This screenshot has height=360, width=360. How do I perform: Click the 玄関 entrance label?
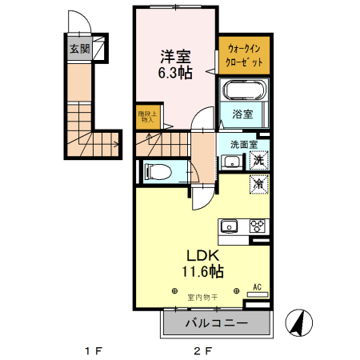tap(78, 49)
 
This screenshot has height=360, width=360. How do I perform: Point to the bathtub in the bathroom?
tap(243, 90)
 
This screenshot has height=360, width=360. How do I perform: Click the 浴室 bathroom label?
tap(242, 114)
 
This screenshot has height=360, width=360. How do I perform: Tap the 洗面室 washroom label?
tap(242, 145)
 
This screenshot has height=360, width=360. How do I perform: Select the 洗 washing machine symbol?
tap(259, 159)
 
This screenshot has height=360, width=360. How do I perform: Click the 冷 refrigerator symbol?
tap(259, 183)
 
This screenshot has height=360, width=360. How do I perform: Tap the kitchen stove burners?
tap(258, 225)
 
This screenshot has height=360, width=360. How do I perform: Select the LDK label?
tap(202, 255)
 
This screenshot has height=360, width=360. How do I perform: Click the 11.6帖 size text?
tap(202, 272)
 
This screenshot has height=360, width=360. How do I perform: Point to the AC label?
tap(257, 286)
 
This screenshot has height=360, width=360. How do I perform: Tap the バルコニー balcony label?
tap(217, 324)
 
